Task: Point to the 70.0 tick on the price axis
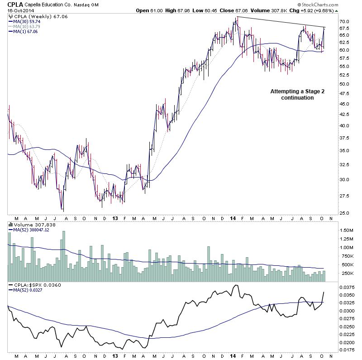click(x=344, y=22)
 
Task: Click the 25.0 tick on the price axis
click(x=344, y=213)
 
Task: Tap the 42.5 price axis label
click(x=344, y=115)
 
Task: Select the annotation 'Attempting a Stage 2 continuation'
click(x=292, y=94)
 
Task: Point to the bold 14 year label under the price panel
click(x=232, y=218)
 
